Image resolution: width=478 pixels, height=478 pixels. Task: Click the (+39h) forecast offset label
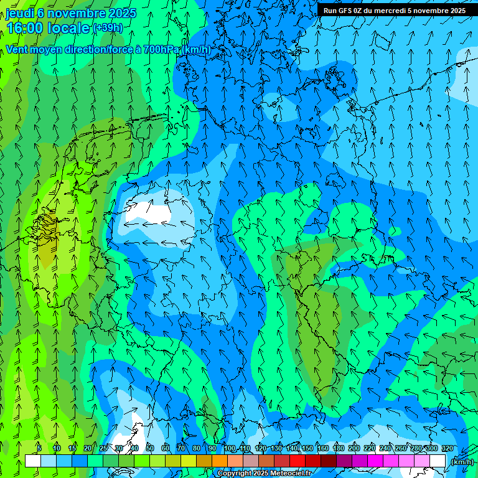[108, 28]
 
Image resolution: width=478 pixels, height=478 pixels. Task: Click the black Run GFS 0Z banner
[394, 10]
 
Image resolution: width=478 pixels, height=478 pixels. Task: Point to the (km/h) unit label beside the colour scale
[461, 462]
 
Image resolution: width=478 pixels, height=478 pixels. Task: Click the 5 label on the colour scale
[39, 449]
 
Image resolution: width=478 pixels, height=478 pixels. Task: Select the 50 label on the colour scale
[150, 449]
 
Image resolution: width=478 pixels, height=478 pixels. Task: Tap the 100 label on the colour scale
[230, 449]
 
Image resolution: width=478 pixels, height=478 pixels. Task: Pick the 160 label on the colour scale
[323, 449]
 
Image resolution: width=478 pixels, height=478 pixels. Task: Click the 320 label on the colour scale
[447, 449]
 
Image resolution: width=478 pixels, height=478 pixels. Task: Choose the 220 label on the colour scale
[370, 449]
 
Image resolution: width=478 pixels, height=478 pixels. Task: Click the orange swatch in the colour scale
[220, 461]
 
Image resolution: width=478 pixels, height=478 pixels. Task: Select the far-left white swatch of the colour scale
[33, 461]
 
